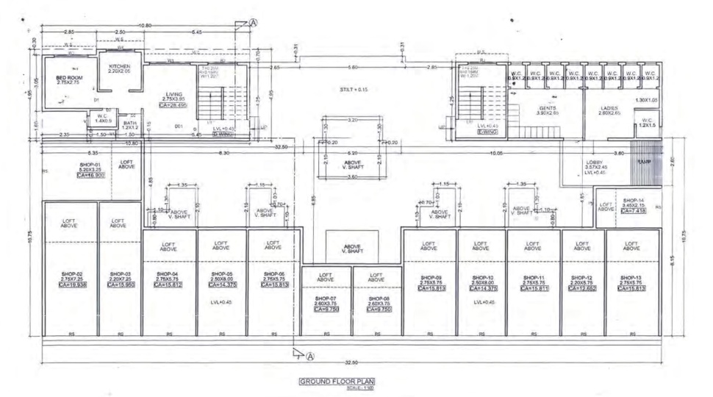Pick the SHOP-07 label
(x=326, y=299)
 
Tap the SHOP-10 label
(x=481, y=279)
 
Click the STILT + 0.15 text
(x=353, y=89)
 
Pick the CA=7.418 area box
(x=633, y=211)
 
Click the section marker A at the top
(x=254, y=22)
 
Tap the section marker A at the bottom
(x=310, y=356)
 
